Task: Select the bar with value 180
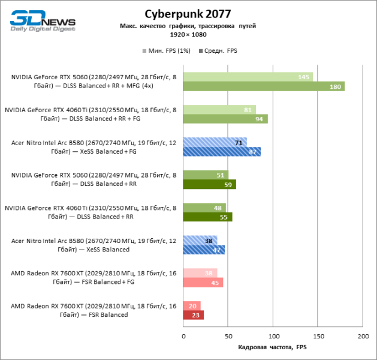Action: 264,86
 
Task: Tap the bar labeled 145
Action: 248,77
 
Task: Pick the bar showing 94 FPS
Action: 225,119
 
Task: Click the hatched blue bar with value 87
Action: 222,152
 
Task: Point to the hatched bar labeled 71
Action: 215,142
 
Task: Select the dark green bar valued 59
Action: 210,184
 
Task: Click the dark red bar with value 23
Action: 194,314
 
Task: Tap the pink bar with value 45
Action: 203,282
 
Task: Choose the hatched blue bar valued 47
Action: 204,250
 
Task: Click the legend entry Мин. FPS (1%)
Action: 166,51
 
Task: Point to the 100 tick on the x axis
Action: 273,337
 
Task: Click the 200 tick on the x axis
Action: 362,337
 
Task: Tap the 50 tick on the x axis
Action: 228,337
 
